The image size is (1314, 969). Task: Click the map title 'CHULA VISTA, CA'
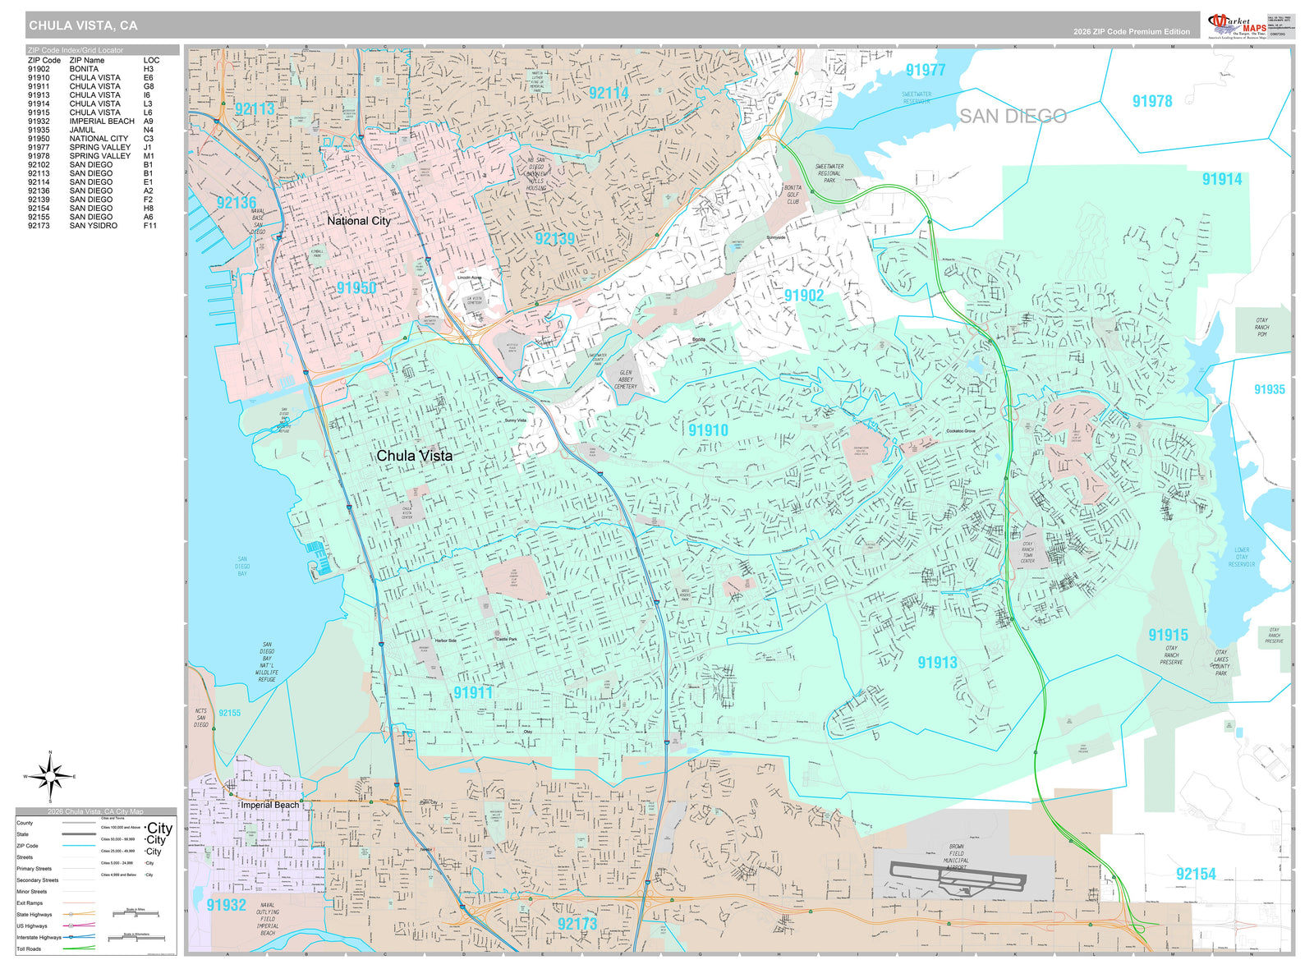83,25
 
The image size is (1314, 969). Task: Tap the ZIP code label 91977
926,71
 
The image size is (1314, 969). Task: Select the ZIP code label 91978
1151,101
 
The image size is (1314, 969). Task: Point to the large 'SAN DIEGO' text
1013,117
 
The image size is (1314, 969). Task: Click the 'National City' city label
359,221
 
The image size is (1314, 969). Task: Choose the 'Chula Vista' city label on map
414,456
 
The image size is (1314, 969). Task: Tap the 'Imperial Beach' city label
269,805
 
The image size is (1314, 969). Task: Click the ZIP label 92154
1195,874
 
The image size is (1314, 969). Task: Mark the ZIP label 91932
226,905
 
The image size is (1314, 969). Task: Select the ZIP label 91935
1269,389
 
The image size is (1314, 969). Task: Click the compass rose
50,776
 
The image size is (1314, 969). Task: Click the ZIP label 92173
577,924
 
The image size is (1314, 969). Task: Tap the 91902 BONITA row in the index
90,69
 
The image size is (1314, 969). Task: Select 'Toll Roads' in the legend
29,948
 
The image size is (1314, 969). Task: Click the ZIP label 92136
237,203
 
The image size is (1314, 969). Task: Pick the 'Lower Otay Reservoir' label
1241,557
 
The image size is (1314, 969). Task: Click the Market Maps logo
1237,25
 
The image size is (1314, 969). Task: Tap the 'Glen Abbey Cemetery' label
626,379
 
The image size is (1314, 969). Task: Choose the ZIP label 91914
1222,179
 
